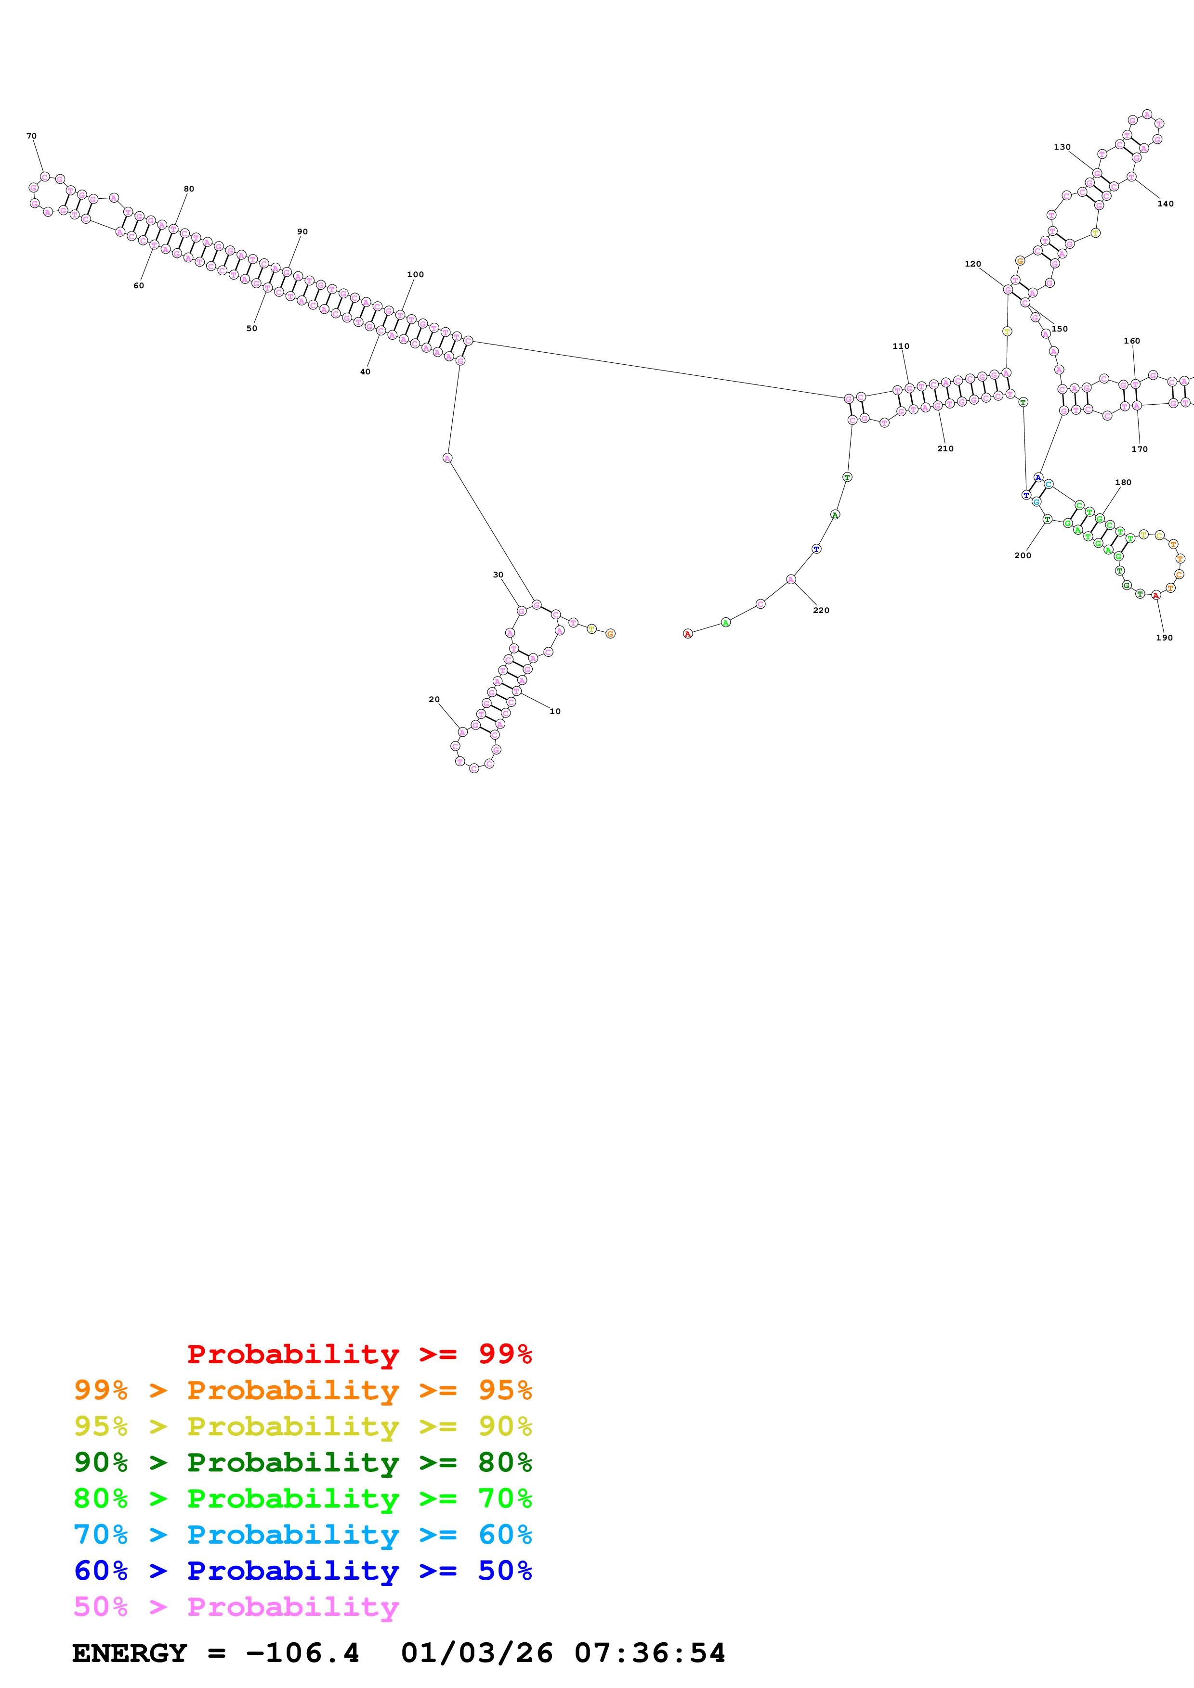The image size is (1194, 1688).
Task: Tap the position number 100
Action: pyautogui.click(x=416, y=274)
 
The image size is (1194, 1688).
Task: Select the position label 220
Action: pyautogui.click(x=821, y=610)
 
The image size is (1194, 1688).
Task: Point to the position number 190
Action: pyautogui.click(x=1164, y=638)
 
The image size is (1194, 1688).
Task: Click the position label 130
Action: pyautogui.click(x=1063, y=147)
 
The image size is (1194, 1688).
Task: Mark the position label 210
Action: pyautogui.click(x=945, y=448)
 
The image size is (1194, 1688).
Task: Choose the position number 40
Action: pyautogui.click(x=365, y=372)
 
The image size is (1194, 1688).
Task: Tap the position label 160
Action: pyautogui.click(x=1131, y=341)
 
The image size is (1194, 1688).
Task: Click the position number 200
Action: pyautogui.click(x=1023, y=555)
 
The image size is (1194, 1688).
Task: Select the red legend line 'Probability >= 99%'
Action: pyautogui.click(x=359, y=1354)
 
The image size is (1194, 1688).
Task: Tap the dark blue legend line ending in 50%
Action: pyautogui.click(x=303, y=1571)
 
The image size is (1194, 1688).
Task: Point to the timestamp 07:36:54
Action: pyautogui.click(x=650, y=1653)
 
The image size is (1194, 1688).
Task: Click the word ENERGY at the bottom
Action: pyautogui.click(x=130, y=1653)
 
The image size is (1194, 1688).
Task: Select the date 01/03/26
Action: pyautogui.click(x=477, y=1653)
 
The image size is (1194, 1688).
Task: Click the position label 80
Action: pyautogui.click(x=189, y=189)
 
